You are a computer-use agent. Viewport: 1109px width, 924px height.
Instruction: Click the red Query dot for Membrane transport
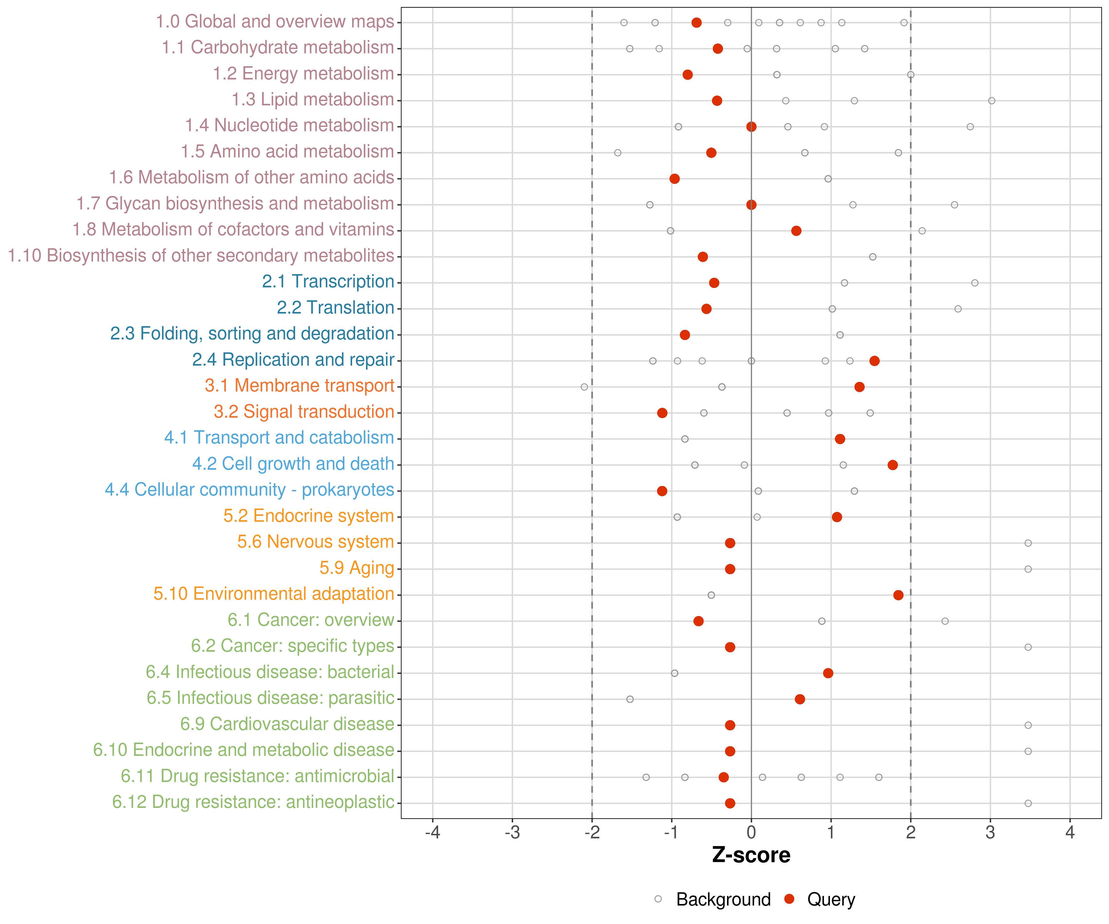click(859, 387)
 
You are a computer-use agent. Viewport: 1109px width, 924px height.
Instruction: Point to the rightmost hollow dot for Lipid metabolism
click(992, 101)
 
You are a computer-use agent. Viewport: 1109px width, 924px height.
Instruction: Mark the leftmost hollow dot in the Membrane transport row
click(584, 387)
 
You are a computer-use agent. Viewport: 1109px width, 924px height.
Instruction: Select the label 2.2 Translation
click(335, 308)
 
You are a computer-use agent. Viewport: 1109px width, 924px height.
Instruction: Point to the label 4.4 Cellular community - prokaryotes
click(249, 490)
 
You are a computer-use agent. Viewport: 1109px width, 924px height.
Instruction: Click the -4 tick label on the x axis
click(433, 833)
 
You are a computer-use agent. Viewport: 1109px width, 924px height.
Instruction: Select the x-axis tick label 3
click(990, 833)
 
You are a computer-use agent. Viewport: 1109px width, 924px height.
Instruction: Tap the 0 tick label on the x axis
click(751, 833)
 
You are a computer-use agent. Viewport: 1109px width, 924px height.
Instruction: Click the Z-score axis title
click(751, 855)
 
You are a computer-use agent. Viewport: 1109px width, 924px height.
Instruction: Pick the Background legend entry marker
click(658, 899)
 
